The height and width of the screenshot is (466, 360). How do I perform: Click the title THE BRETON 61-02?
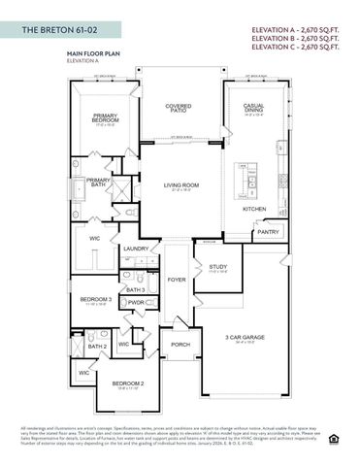pyautogui.click(x=60, y=31)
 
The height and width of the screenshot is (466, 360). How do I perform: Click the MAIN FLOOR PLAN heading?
pyautogui.click(x=93, y=56)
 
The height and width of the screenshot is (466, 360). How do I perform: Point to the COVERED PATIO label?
pyautogui.click(x=178, y=110)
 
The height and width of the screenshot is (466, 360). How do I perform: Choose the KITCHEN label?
pyautogui.click(x=254, y=209)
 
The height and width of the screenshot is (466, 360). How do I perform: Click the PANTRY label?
pyautogui.click(x=268, y=232)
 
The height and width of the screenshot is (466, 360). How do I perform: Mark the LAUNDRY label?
pyautogui.click(x=136, y=249)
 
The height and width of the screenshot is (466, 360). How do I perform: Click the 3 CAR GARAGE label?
pyautogui.click(x=248, y=337)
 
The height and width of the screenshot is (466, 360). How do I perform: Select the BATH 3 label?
pyautogui.click(x=135, y=289)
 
